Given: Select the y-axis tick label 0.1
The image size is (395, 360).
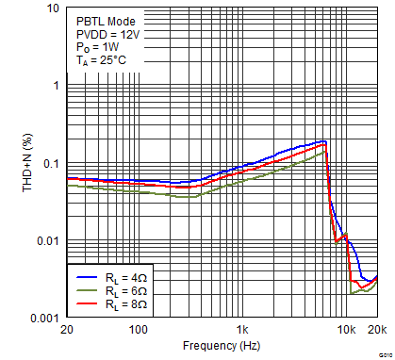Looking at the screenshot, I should pyautogui.click(x=51, y=164).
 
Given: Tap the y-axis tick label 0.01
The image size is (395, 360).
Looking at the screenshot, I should pyautogui.click(x=48, y=242).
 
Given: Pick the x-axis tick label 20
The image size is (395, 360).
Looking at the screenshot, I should pyautogui.click(x=66, y=331).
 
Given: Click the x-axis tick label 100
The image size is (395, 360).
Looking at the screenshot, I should pyautogui.click(x=139, y=331).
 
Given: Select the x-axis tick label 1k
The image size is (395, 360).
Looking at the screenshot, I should pyautogui.click(x=243, y=331).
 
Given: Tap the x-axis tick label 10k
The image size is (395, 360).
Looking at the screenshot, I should pyautogui.click(x=347, y=331).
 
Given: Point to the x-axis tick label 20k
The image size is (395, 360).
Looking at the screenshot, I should pyautogui.click(x=377, y=331).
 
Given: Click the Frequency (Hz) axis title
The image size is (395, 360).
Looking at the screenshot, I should pyautogui.click(x=222, y=346).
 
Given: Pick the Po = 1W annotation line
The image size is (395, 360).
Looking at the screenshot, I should pyautogui.click(x=96, y=47).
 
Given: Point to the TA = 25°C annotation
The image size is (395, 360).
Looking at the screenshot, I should pyautogui.click(x=101, y=60).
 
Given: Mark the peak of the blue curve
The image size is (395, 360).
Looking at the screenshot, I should pyautogui.click(x=323, y=141).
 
